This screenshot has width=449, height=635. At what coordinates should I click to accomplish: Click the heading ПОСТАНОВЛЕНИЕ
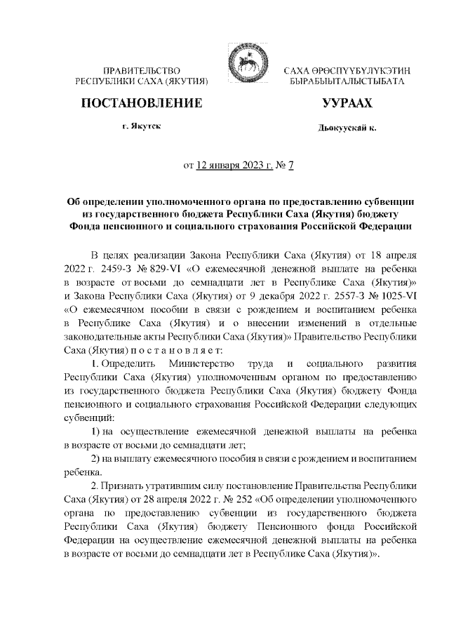pos(142,104)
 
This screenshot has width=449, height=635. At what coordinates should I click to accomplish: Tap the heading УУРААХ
pos(347,104)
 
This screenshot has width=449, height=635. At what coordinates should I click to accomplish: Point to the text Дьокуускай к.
pos(347,129)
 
